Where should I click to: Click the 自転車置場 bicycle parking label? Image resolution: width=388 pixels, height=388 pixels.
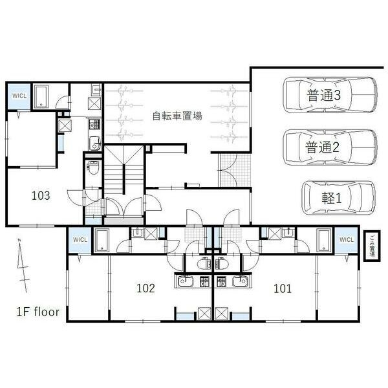(177, 116)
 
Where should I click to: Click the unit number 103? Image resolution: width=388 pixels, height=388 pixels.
(41, 195)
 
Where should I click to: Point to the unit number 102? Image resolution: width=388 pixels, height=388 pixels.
(145, 288)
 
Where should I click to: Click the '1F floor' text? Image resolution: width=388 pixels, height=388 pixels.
(38, 312)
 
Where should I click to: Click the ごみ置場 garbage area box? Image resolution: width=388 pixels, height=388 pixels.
(372, 248)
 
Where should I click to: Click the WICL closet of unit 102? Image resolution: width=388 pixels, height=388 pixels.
(80, 240)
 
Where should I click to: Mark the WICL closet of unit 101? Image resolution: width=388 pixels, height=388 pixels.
(346, 240)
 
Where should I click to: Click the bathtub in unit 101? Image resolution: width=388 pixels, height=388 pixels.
(323, 241)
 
